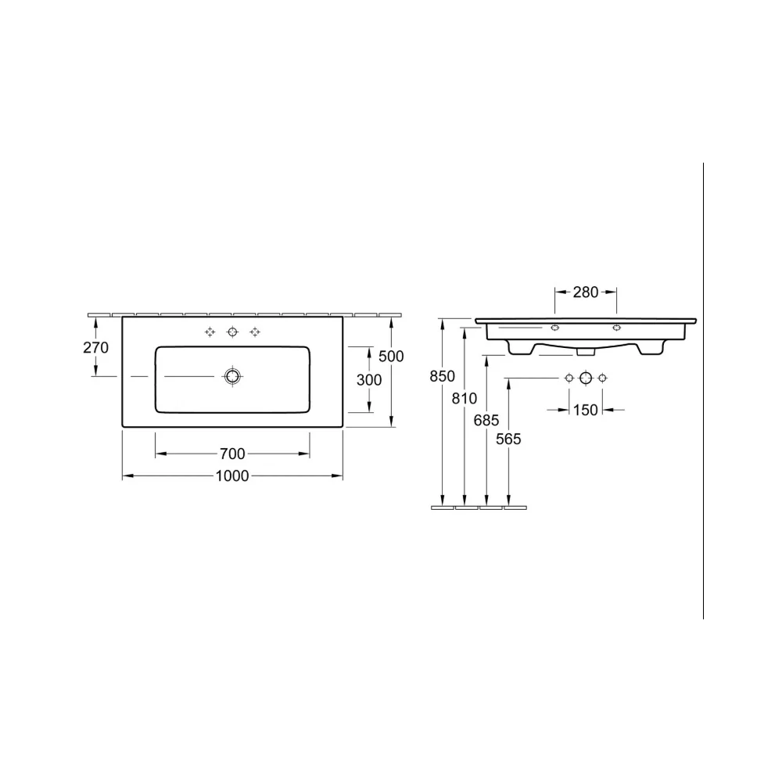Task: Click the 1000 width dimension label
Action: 232,475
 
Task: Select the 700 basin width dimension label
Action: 232,454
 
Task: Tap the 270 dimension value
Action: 95,347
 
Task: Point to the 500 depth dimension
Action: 391,356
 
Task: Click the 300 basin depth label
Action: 369,380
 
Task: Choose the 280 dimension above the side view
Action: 586,292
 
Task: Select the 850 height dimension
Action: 443,376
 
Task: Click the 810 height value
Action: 465,399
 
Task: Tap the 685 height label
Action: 486,421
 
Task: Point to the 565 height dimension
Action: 508,439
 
